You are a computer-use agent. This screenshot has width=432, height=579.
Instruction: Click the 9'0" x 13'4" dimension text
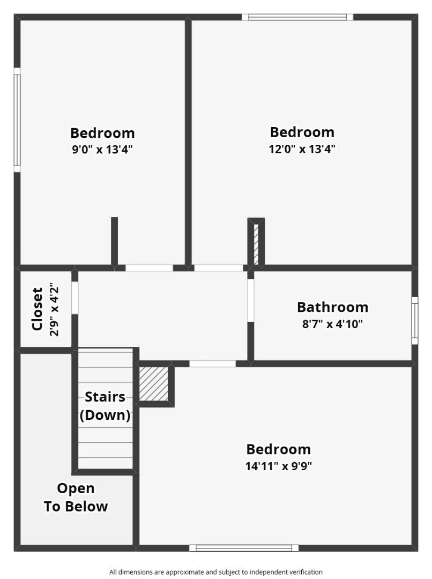pyautogui.click(x=102, y=150)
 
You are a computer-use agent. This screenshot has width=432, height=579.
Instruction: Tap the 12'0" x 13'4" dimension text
pyautogui.click(x=302, y=149)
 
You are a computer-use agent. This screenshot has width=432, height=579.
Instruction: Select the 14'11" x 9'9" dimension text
pyautogui.click(x=278, y=466)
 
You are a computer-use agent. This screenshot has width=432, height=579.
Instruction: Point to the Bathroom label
pyautogui.click(x=332, y=307)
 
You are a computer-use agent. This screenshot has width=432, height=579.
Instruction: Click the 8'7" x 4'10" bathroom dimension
pyautogui.click(x=332, y=324)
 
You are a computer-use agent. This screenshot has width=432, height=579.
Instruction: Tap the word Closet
pyautogui.click(x=37, y=309)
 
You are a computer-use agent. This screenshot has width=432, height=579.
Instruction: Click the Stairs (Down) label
pyautogui.click(x=105, y=406)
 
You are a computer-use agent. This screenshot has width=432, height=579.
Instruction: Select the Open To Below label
pyautogui.click(x=76, y=498)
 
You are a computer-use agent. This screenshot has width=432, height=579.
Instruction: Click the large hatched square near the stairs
pyautogui.click(x=153, y=383)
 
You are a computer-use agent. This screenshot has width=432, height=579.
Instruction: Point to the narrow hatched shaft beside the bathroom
pyautogui.click(x=256, y=244)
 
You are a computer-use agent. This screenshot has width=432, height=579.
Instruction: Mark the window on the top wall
pyautogui.click(x=297, y=17)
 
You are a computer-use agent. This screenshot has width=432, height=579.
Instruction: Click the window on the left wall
pyautogui.click(x=17, y=120)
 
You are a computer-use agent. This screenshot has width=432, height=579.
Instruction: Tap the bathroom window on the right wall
pyautogui.click(x=414, y=321)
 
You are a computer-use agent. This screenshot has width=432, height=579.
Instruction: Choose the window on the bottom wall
pyautogui.click(x=244, y=548)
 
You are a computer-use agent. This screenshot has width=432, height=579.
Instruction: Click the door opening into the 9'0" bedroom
pyautogui.click(x=149, y=268)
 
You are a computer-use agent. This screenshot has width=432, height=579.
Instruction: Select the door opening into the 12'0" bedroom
pyautogui.click(x=218, y=268)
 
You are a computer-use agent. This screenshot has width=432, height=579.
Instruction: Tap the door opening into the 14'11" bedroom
pyautogui.click(x=212, y=363)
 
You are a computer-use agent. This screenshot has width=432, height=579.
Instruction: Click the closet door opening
pyautogui.click(x=75, y=298)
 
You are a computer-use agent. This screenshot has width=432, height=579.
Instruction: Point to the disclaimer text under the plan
pyautogui.click(x=216, y=572)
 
